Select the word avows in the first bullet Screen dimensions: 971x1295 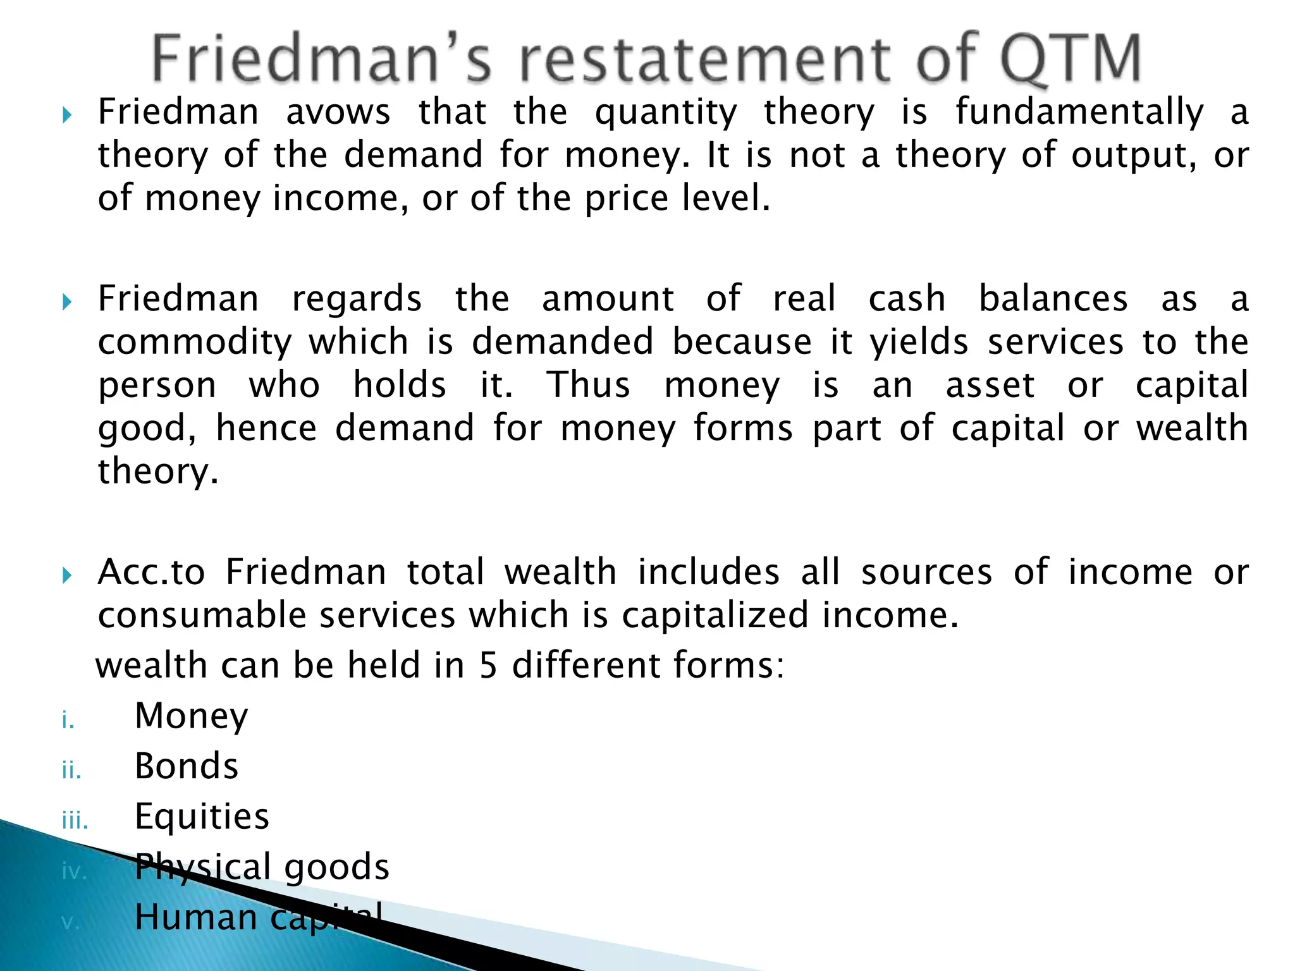pos(338,113)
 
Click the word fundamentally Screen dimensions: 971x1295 pos(1079,113)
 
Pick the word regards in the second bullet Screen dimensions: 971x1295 pos(357,299)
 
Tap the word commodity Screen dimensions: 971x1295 pos(195,342)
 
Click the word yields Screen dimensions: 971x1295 pos(919,342)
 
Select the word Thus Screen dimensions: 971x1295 pos(588,385)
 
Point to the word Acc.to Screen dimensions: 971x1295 pos(152,572)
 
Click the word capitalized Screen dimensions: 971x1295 pos(715,615)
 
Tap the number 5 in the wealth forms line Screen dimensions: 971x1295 pos(488,666)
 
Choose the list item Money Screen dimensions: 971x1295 pos(192,716)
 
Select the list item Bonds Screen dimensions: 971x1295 pos(187,766)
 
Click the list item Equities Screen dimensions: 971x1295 pos(202,816)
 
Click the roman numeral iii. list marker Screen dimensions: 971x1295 pos(75,821)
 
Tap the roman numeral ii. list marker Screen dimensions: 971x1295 pos(71,771)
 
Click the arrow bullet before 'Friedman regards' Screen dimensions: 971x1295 pos(67,302)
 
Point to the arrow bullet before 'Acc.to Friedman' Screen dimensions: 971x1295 pos(67,575)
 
